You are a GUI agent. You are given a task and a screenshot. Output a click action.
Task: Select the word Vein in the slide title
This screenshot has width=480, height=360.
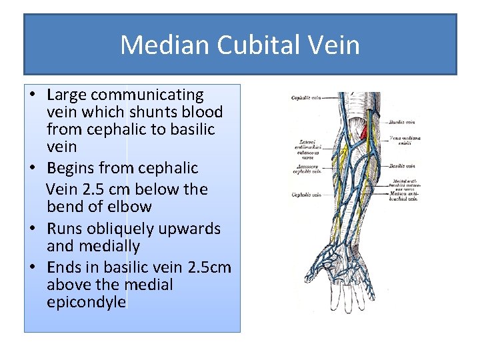click(x=334, y=45)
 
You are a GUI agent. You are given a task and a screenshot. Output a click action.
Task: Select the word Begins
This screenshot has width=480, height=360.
click(x=72, y=168)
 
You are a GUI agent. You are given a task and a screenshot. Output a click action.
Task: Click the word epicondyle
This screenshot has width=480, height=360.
click(x=86, y=302)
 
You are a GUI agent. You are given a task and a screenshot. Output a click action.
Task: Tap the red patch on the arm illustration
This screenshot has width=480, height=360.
click(x=364, y=133)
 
